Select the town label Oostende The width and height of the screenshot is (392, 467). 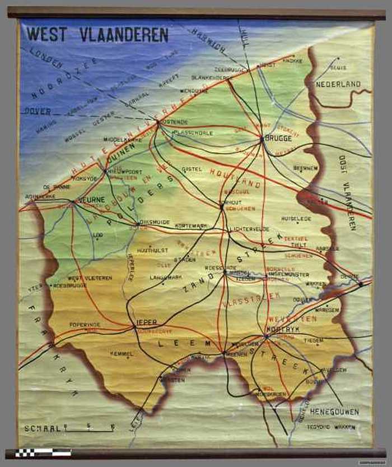pyautogui.click(x=174, y=121)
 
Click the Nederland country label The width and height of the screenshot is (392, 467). pyautogui.click(x=338, y=84)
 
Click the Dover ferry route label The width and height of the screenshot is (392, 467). pyautogui.click(x=37, y=111)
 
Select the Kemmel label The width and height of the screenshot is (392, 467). pyautogui.click(x=122, y=354)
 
